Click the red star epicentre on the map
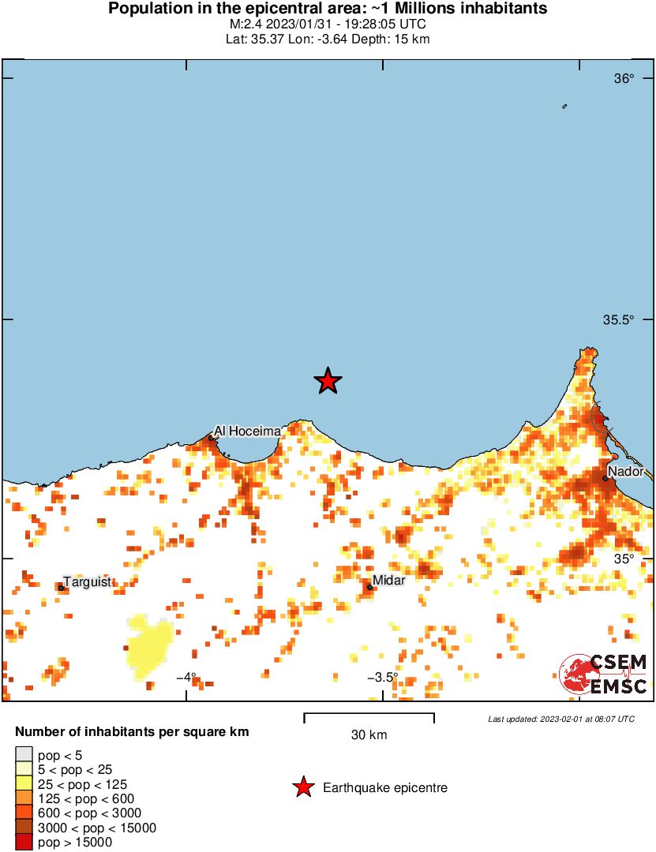tap(328, 381)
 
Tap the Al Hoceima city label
tap(247, 431)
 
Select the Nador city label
tap(625, 472)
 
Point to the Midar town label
tap(388, 581)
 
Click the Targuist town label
tap(87, 582)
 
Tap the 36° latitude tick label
tap(624, 79)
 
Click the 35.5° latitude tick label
tap(619, 319)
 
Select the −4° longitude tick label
tap(186, 677)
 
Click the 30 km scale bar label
tap(369, 735)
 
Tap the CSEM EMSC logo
tap(604, 674)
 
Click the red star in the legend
tap(302, 787)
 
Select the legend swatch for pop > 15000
tap(24, 843)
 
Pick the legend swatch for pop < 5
tap(24, 755)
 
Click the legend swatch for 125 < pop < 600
tap(24, 798)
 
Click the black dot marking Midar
tap(369, 586)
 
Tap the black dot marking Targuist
tap(61, 587)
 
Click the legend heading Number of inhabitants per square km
tap(132, 732)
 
